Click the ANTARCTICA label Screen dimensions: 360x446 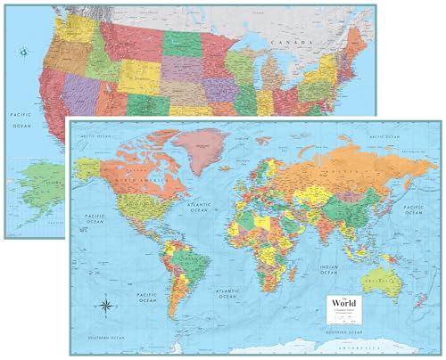(385, 343)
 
